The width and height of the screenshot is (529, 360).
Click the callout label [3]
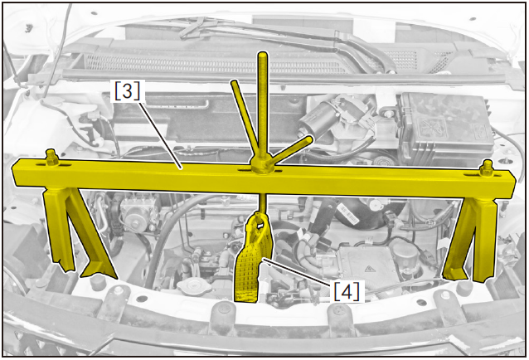127,90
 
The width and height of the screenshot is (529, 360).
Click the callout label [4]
347,291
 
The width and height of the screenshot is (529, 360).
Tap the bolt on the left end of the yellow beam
51,158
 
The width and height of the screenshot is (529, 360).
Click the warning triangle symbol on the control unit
369,269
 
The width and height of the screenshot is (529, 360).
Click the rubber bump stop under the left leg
96,281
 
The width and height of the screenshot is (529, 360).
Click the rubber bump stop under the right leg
466,287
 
